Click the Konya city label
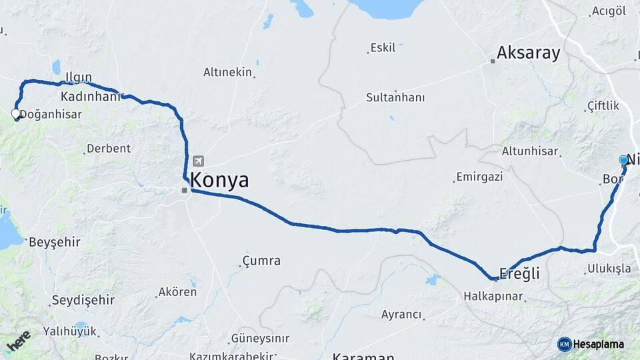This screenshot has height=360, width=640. click(x=219, y=180)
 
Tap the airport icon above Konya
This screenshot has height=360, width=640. click(x=198, y=161)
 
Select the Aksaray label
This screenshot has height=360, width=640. click(x=529, y=53)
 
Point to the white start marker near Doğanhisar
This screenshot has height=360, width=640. click(x=16, y=115)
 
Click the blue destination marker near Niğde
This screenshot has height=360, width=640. click(x=624, y=161)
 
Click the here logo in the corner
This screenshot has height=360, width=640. click(x=18, y=341)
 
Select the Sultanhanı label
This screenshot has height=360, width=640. click(x=395, y=97)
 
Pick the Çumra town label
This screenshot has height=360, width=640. click(x=261, y=261)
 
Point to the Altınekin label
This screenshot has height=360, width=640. click(x=227, y=72)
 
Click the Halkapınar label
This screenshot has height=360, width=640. click(x=493, y=296)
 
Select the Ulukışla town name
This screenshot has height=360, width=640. click(x=609, y=269)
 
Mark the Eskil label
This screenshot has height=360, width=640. click(x=383, y=48)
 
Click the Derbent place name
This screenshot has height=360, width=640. click(x=109, y=148)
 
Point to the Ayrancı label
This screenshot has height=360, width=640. click(x=401, y=314)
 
